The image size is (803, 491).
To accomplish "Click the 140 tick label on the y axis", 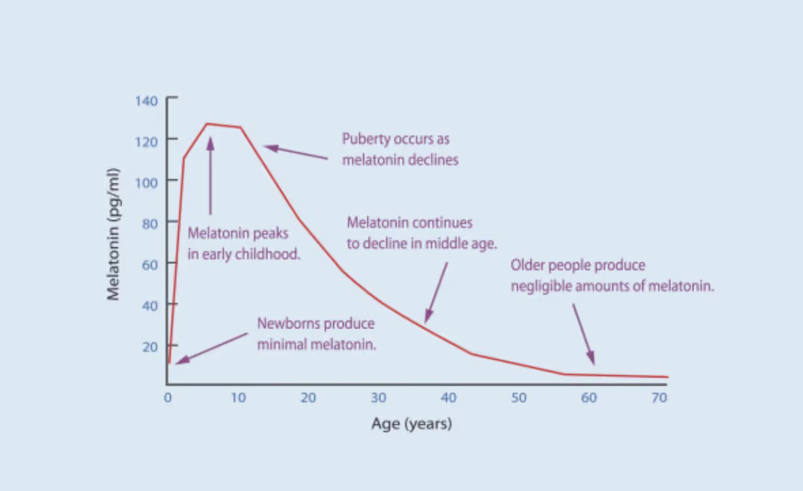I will pyautogui.click(x=146, y=101).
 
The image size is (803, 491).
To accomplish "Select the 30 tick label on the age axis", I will pyautogui.click(x=378, y=398).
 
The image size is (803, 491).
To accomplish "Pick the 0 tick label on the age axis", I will pyautogui.click(x=167, y=398).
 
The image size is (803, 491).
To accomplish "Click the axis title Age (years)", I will pyautogui.click(x=412, y=424).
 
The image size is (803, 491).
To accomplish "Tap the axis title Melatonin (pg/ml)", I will pyautogui.click(x=114, y=234).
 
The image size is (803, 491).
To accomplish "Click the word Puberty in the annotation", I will pyautogui.click(x=365, y=140).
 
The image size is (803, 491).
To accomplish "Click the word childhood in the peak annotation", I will pyautogui.click(x=268, y=254).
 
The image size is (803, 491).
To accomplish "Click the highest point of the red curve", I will pyautogui.click(x=207, y=123).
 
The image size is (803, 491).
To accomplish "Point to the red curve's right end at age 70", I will pyautogui.click(x=667, y=377).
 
